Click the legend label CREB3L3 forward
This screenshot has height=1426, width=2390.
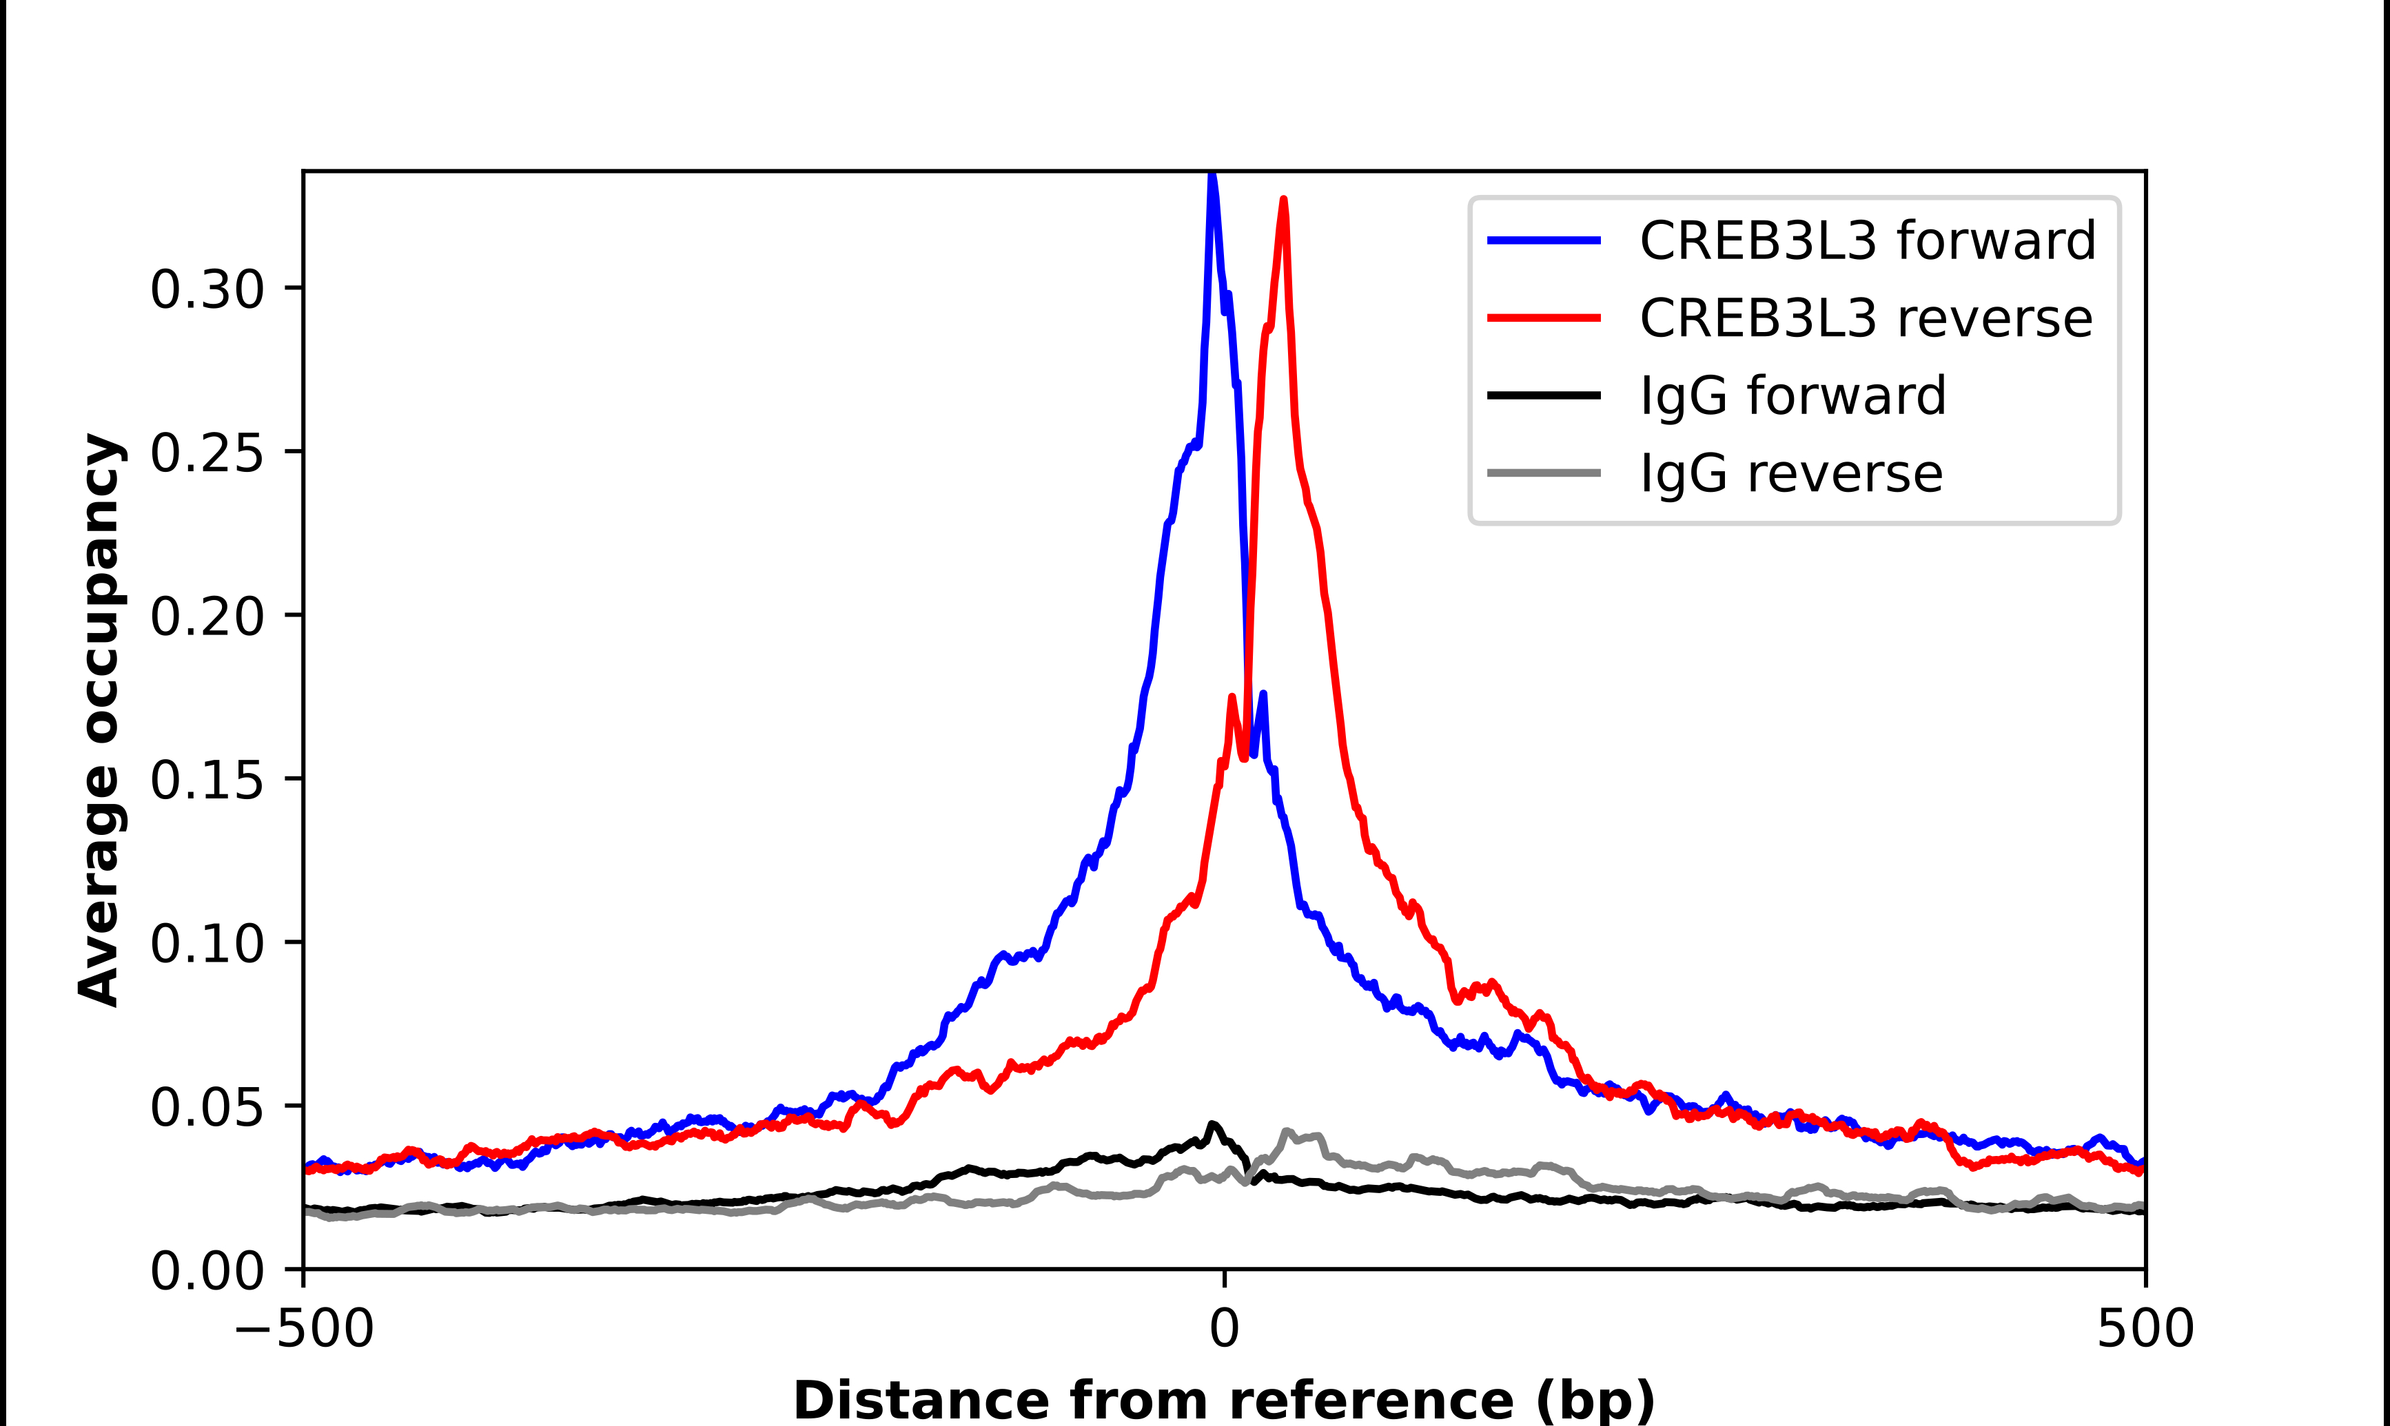1866,240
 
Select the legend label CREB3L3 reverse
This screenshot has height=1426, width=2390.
1866,318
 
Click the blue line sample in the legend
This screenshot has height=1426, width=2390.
1543,240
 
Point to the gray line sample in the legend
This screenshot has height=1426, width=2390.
1543,473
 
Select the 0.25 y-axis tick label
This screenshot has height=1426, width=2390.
207,452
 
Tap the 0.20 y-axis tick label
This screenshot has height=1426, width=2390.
207,615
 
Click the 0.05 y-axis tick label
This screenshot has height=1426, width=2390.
207,1106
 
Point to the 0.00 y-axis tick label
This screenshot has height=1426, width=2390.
207,1270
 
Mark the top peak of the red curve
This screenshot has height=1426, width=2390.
1284,200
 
